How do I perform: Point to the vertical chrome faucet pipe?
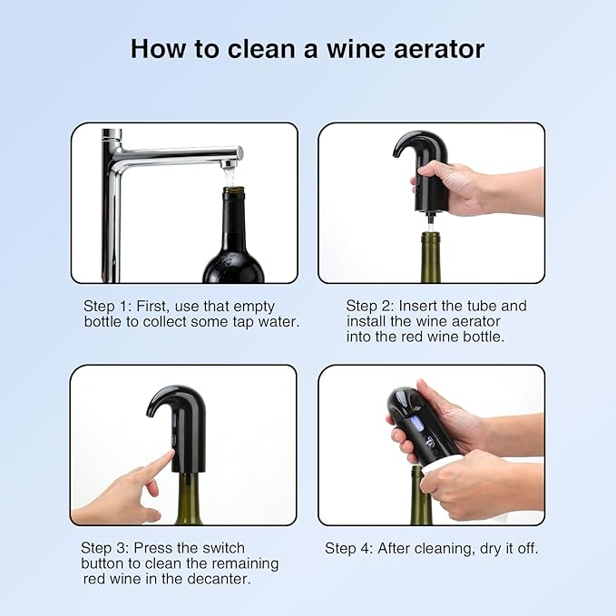[112, 218]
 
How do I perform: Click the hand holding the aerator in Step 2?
[454, 186]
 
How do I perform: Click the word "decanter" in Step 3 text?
[217, 579]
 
